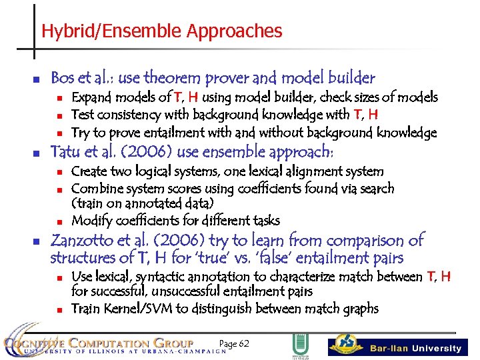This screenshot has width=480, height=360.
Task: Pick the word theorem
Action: click(185, 78)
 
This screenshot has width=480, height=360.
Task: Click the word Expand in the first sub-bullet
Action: click(90, 98)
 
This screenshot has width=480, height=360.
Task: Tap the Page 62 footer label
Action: click(233, 344)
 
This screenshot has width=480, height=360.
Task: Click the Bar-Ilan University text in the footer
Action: click(415, 348)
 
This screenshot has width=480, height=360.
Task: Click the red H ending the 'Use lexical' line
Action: click(445, 276)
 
